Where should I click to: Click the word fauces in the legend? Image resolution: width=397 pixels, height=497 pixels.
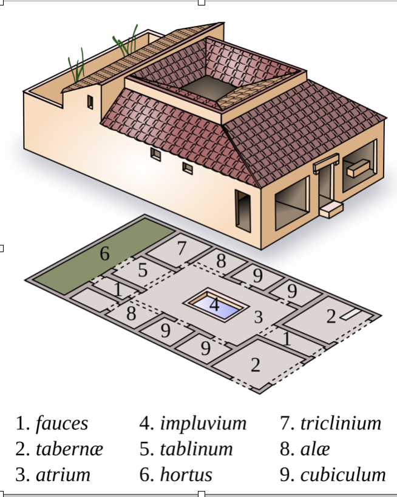62,423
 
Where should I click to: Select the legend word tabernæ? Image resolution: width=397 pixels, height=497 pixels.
69,449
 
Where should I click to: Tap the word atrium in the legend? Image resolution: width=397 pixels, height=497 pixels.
63,475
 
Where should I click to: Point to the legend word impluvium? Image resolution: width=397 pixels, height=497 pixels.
203,423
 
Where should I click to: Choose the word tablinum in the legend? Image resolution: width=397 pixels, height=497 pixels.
197,449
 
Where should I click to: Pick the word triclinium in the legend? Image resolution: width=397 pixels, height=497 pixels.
341,423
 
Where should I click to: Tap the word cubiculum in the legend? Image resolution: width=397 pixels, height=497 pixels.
343,475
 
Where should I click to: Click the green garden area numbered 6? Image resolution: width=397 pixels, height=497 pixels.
97,257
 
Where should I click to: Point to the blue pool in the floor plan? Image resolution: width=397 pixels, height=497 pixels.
217,307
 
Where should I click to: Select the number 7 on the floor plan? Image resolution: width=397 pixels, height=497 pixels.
181,248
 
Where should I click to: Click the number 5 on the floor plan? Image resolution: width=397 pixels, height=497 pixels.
142,270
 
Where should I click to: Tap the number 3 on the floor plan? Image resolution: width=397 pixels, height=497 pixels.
258,316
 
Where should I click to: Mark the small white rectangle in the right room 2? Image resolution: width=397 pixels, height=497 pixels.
349,315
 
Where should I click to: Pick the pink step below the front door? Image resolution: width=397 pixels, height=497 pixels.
331,210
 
